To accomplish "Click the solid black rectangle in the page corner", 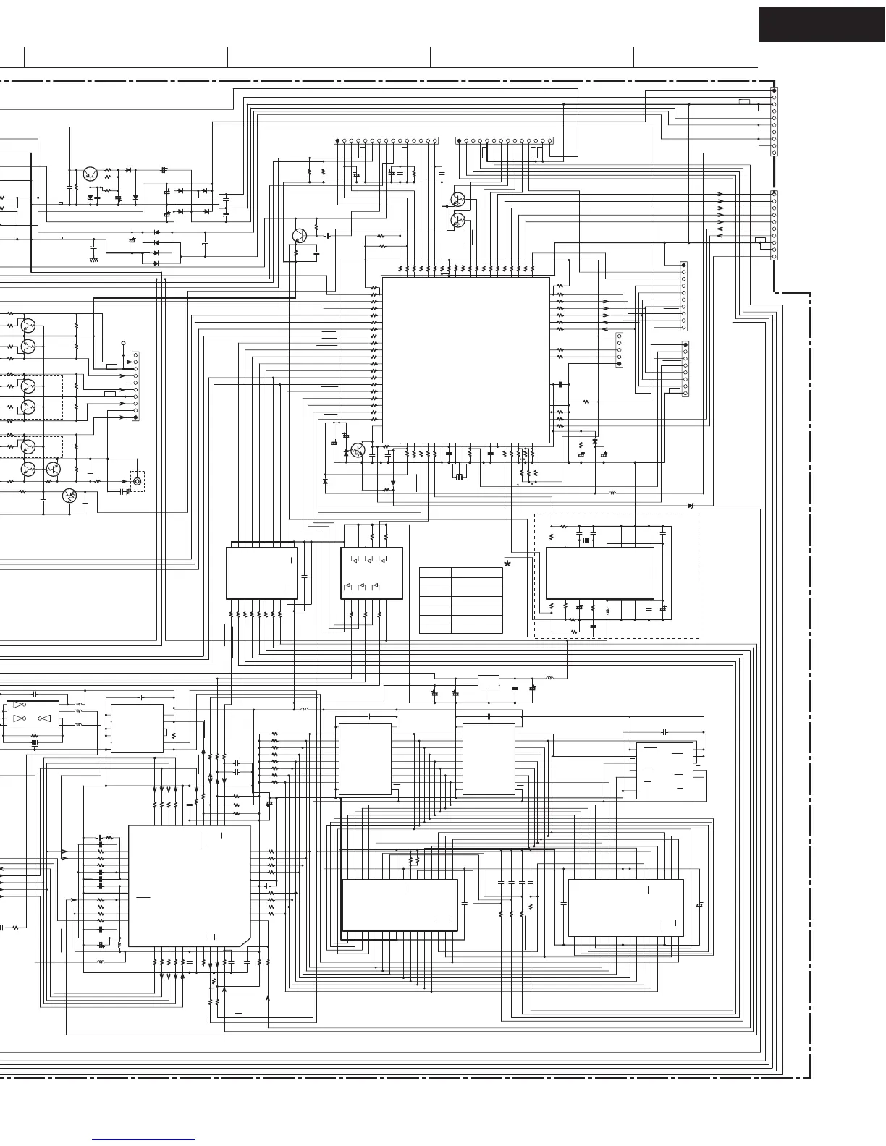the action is click(x=822, y=24).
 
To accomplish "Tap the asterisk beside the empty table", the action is click(x=508, y=564).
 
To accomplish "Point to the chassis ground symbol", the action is click(x=93, y=258).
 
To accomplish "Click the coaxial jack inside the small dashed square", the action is click(x=137, y=481).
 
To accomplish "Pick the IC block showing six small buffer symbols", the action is click(x=371, y=573).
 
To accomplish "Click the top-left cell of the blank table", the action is click(x=434, y=572).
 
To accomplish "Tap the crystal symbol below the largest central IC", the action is click(x=459, y=475).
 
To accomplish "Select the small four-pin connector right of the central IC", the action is click(x=619, y=350).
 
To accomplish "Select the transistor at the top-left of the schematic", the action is click(x=90, y=174).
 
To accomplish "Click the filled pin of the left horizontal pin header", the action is click(x=337, y=140).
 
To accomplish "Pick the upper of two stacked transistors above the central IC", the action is click(x=457, y=200).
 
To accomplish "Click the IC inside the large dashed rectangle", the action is click(x=599, y=573).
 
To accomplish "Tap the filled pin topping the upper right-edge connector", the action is click(x=775, y=91).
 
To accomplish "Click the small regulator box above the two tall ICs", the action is click(x=489, y=682).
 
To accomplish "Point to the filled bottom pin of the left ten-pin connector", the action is click(x=135, y=417).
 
